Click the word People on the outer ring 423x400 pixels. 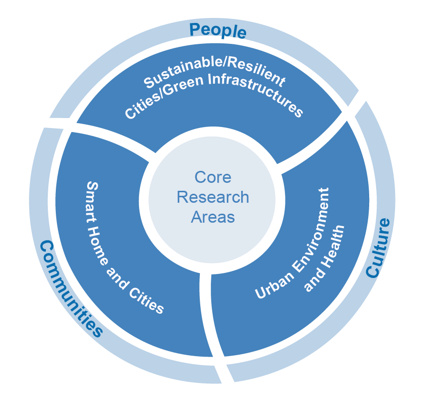pos(218,30)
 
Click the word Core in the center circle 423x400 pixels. pos(213,177)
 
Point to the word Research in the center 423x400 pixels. pos(213,197)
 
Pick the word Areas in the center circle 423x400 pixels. pos(213,217)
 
